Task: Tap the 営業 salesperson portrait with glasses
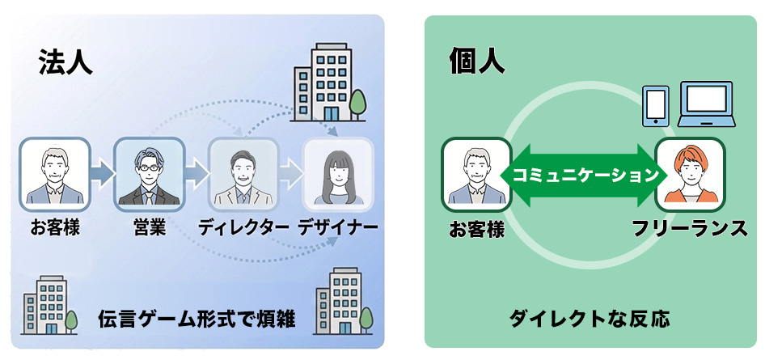pyautogui.click(x=149, y=172)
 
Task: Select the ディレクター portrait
pyautogui.click(x=243, y=172)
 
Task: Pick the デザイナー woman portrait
pyautogui.click(x=338, y=172)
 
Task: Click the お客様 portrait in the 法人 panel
pyautogui.click(x=54, y=172)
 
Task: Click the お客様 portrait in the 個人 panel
pyautogui.click(x=476, y=172)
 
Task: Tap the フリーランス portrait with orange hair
pyautogui.click(x=690, y=172)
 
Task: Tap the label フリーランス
pyautogui.click(x=690, y=229)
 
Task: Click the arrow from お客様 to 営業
pyautogui.click(x=102, y=172)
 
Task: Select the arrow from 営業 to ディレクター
pyautogui.click(x=197, y=172)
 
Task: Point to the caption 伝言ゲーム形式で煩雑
pyautogui.click(x=197, y=320)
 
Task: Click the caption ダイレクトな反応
pyautogui.click(x=590, y=320)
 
